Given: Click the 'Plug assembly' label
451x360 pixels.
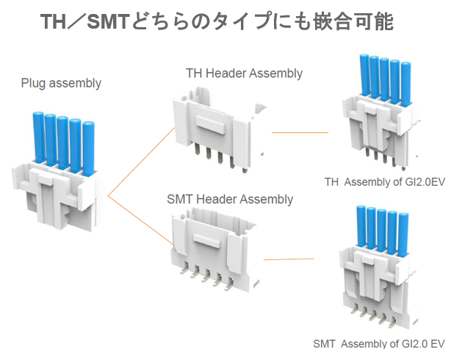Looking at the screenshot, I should click(x=60, y=83).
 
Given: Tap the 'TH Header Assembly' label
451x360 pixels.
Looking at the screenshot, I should click(x=243, y=73).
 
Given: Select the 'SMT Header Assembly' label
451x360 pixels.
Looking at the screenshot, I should click(x=229, y=199).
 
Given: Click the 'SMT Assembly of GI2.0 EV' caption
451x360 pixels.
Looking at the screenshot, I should click(x=379, y=343).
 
